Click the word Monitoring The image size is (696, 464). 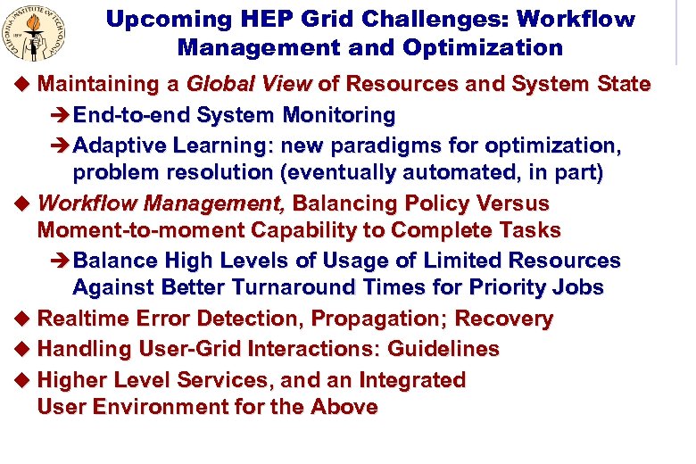coord(339,115)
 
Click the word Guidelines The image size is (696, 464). coord(443,349)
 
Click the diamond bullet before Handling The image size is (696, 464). coord(23,350)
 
